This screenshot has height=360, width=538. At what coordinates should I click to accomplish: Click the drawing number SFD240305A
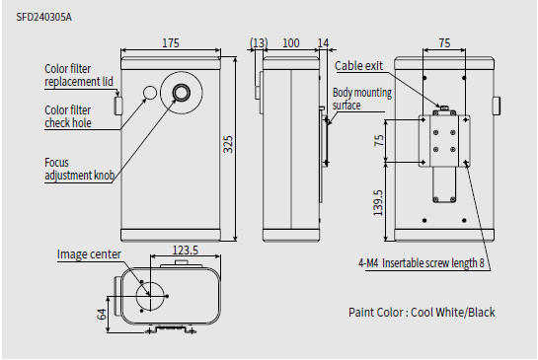tap(43, 17)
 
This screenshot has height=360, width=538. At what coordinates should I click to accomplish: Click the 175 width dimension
tap(171, 43)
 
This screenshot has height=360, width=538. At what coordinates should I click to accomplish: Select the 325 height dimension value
tap(228, 144)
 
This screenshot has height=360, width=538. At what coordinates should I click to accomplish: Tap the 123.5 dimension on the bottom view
tap(186, 251)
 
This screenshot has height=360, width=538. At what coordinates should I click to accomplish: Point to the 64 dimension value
tap(102, 314)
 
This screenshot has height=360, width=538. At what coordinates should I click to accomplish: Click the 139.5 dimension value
tap(377, 203)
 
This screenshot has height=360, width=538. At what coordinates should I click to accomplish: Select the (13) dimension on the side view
tap(259, 43)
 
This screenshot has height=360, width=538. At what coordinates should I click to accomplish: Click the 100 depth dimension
tap(291, 43)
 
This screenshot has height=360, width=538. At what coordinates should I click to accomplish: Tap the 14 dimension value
tap(323, 43)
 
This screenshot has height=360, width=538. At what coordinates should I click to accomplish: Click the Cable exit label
tap(358, 65)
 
